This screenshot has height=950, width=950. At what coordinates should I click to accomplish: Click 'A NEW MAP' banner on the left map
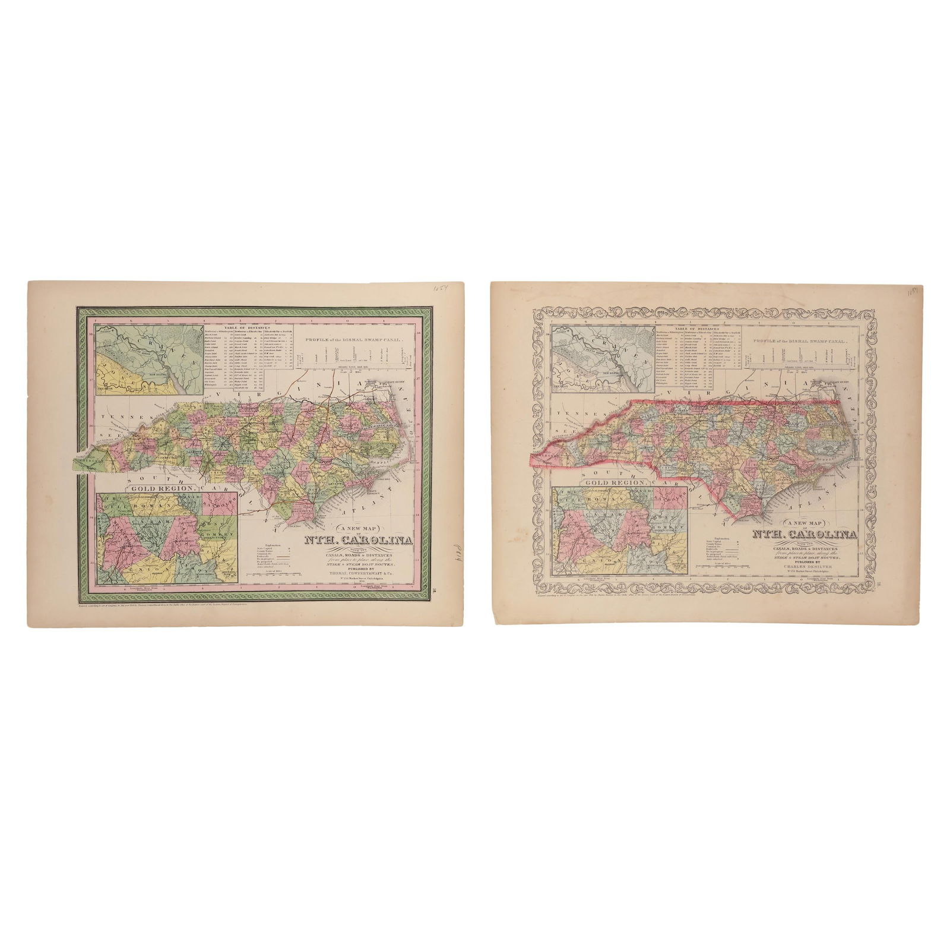(x=360, y=529)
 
